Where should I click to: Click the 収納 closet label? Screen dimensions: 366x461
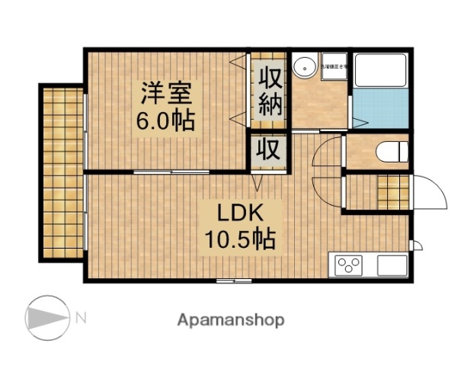point(270,90)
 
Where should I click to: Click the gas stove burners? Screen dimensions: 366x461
point(350,266)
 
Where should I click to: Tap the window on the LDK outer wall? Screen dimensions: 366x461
point(232,281)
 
